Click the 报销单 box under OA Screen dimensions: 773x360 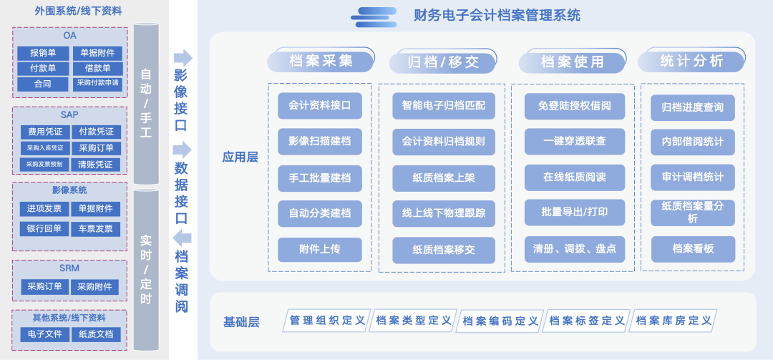click(43, 53)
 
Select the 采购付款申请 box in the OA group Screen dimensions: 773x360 click(97, 84)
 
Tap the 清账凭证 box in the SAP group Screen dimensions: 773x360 click(96, 164)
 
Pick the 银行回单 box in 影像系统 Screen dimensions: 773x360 click(44, 229)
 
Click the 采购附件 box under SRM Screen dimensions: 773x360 click(94, 287)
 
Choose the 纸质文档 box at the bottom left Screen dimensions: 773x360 click(96, 334)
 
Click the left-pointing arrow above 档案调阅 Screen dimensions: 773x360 click(183, 238)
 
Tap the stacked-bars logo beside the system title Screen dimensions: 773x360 click(374, 17)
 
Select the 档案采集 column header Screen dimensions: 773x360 click(321, 62)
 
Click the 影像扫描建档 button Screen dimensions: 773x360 click(320, 142)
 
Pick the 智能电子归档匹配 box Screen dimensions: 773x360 click(444, 106)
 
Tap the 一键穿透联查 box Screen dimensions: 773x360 click(574, 142)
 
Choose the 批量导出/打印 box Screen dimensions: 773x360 click(574, 213)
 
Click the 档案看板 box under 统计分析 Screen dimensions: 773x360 click(693, 249)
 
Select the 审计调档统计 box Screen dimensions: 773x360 click(693, 177)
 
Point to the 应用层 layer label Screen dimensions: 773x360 click(240, 157)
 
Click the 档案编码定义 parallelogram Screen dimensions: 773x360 click(500, 321)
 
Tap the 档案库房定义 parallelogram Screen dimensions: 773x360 click(674, 321)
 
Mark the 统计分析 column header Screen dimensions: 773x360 click(691, 62)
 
